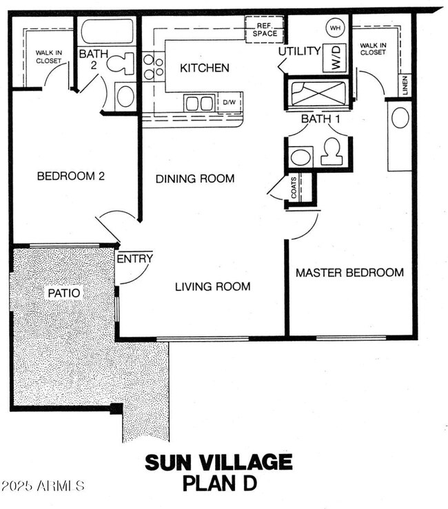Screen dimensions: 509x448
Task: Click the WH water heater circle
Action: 335,28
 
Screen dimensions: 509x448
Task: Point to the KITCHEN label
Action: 204,68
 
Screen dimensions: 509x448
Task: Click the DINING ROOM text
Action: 194,178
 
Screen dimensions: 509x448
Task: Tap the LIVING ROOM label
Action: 212,287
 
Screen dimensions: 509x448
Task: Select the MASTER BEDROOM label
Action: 349,273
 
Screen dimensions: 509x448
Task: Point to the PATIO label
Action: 63,293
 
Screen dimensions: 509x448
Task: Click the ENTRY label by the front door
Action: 134,258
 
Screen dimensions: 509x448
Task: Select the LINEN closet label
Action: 403,85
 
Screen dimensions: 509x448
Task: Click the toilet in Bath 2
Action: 125,63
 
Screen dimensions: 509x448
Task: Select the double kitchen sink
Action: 200,103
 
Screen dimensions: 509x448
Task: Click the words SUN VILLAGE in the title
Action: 218,462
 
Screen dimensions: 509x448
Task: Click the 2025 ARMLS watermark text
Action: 43,486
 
